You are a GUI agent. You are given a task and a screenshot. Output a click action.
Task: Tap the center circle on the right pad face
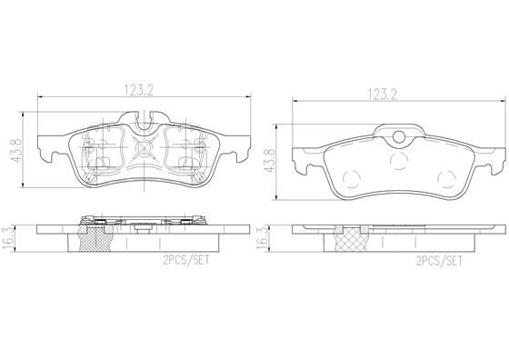click(x=397, y=162)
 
